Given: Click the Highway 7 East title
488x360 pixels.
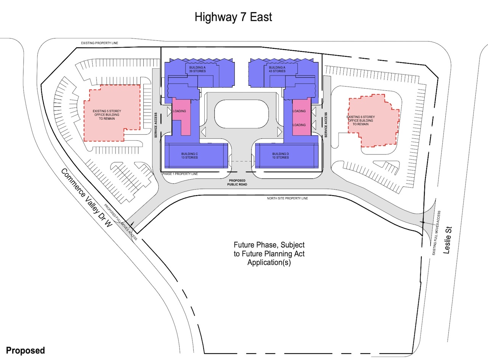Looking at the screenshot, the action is [233, 17].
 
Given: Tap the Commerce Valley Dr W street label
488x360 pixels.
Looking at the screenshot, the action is [87, 198].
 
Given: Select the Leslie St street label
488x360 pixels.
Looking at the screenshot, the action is [448, 240].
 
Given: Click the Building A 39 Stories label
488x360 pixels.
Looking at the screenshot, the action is [197, 69].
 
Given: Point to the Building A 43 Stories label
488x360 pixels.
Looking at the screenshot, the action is [277, 69].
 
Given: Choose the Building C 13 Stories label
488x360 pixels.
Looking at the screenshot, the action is [189, 156].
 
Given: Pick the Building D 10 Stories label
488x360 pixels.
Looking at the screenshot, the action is [281, 156].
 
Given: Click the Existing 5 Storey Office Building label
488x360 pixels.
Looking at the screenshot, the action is [107, 115].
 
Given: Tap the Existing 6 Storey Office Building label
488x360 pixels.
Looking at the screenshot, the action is [361, 121].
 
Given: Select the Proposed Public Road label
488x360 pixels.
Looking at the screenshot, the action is [237, 182].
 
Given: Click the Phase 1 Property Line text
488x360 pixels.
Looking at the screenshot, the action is [180, 174].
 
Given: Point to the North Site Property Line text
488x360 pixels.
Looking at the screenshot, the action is [287, 198].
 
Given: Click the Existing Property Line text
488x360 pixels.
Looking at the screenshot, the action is [100, 43].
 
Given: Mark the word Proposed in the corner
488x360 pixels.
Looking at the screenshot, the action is [26, 350].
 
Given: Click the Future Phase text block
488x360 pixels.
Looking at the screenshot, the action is [269, 254].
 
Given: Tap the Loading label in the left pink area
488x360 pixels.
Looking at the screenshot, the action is [180, 111].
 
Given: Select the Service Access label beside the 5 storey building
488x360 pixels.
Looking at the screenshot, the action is [156, 125].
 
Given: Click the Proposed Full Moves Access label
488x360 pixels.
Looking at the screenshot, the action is [121, 222].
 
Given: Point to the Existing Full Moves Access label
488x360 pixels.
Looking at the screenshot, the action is [437, 233].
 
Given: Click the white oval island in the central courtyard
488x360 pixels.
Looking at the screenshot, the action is [242, 114].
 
